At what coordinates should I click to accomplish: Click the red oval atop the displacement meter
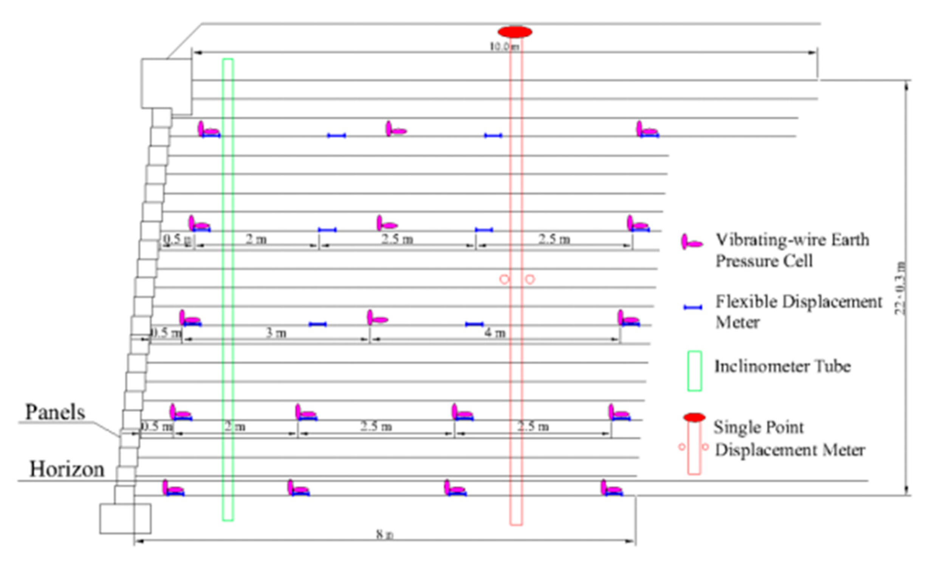tap(515, 32)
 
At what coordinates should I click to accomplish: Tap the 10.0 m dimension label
tap(504, 47)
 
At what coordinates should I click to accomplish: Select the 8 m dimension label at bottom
tap(385, 535)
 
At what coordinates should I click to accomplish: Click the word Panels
tap(55, 412)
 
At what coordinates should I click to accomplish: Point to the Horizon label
tap(67, 469)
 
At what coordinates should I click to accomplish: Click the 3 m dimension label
tap(276, 333)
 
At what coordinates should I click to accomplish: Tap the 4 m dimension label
tap(495, 333)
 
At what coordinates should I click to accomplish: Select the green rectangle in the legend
tap(695, 371)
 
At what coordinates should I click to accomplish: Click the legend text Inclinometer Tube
tap(782, 366)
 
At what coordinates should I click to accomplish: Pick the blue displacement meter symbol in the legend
tap(693, 308)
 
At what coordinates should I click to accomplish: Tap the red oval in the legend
tap(694, 418)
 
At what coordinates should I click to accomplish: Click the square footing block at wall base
tap(125, 518)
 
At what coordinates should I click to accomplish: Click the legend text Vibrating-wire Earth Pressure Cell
tap(792, 250)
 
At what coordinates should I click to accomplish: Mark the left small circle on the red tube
tap(504, 280)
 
